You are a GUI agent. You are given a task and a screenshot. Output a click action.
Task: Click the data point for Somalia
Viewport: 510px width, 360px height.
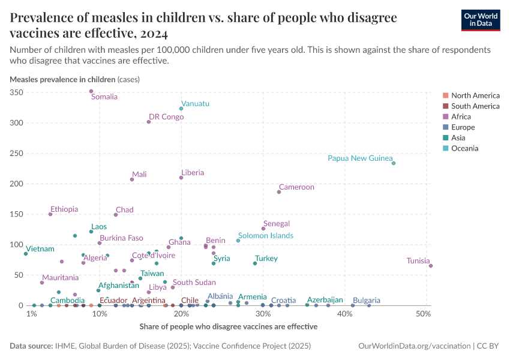[91, 91]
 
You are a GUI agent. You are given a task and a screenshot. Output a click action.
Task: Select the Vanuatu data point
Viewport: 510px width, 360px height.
[181, 109]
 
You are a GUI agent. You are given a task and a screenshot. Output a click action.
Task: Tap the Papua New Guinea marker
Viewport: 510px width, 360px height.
[394, 163]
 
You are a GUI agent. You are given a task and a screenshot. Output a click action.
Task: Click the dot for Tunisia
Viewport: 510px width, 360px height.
[431, 266]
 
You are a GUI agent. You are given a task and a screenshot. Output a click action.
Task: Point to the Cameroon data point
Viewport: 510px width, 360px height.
[279, 192]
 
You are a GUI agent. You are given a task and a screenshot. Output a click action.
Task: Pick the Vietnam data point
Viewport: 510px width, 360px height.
[26, 254]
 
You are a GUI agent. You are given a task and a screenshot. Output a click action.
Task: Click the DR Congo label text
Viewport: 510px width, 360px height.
[166, 117]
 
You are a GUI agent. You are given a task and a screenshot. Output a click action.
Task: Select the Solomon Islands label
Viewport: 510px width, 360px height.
[266, 236]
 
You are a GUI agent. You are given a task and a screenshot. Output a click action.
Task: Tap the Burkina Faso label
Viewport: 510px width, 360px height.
[121, 238]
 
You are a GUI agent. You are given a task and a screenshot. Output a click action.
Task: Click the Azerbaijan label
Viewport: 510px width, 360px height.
[325, 299]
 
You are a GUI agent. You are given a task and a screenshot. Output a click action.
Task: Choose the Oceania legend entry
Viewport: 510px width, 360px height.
[464, 148]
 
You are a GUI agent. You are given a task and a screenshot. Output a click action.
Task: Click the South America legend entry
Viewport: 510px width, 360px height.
[475, 106]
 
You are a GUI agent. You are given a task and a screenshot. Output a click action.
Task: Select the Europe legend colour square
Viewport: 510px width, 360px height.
[445, 127]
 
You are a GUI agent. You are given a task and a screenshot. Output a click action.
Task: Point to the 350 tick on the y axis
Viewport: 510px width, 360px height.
[16, 92]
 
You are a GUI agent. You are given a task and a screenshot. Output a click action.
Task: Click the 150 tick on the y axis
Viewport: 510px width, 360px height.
[16, 214]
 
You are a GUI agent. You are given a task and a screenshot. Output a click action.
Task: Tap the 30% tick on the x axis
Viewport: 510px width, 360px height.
[263, 314]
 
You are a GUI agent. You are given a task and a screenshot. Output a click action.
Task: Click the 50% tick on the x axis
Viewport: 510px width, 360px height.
[424, 314]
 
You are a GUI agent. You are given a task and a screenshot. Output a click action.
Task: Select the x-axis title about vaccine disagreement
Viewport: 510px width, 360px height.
[228, 327]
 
